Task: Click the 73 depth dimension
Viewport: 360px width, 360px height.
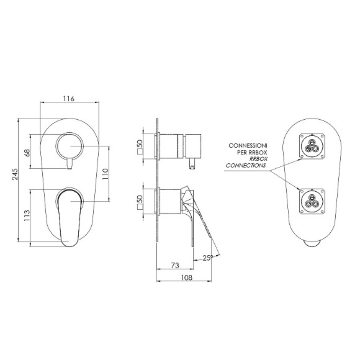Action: (175, 265)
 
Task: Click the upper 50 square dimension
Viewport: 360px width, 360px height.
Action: (140, 147)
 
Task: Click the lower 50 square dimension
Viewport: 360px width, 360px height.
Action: (140, 202)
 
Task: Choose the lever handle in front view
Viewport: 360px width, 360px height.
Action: (68, 214)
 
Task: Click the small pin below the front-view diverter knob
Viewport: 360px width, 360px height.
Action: (69, 164)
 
